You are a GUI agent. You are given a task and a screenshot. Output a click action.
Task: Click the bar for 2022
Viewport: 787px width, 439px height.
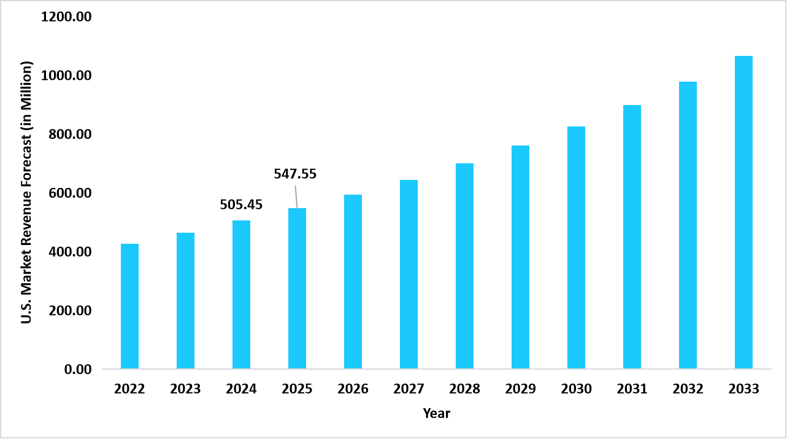coord(129,306)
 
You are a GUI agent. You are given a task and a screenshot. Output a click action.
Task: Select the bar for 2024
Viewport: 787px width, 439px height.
coord(241,295)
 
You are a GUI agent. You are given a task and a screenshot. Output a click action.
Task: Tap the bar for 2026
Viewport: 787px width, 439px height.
coord(353,282)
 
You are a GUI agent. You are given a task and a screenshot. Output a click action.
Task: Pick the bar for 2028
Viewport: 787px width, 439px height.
coord(464,266)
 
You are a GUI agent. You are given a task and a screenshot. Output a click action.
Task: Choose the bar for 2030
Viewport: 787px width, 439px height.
coord(576,247)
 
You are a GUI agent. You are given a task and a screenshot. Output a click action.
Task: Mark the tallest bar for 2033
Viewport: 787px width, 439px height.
coord(743,212)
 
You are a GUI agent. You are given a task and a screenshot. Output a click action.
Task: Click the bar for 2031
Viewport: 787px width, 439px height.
coord(632,237)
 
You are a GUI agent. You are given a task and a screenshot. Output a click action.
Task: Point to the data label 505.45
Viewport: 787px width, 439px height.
coord(241,205)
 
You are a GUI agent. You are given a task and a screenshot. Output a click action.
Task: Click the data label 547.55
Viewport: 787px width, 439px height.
coord(295,174)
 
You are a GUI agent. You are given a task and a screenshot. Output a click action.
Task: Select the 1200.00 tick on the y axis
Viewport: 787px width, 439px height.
coord(66,17)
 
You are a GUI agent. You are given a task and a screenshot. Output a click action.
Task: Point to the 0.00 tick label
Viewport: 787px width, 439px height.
coord(77,370)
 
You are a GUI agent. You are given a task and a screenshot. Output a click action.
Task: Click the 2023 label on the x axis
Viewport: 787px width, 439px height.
coord(185,389)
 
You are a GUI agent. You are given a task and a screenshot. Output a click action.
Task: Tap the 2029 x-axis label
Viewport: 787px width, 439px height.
coord(520,389)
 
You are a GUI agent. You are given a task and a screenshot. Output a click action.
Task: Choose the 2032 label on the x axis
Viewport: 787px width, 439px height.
coord(688,389)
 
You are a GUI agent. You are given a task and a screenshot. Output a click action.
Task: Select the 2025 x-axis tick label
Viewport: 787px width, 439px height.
coord(297,389)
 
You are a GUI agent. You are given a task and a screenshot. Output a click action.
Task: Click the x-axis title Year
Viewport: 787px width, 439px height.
coord(436,414)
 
